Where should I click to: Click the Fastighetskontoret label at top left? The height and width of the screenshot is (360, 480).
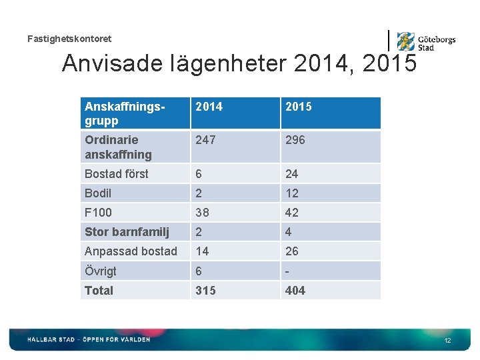click(69, 39)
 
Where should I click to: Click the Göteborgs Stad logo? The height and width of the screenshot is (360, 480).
click(425, 42)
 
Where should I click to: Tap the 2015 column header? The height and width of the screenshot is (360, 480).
click(298, 107)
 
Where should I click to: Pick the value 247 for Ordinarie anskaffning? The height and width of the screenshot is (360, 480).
click(205, 140)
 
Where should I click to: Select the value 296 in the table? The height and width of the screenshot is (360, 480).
click(296, 140)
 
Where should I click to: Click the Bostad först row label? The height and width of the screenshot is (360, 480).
click(117, 174)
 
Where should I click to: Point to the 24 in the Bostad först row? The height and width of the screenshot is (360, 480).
click(292, 174)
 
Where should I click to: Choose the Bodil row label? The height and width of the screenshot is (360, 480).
click(98, 193)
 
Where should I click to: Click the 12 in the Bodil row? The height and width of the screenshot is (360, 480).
click(292, 193)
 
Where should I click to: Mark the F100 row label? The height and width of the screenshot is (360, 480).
click(98, 213)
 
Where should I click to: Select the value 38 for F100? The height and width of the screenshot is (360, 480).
click(202, 213)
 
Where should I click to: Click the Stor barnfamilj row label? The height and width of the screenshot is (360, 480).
click(127, 232)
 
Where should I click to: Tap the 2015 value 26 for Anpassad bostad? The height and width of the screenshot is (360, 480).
click(292, 251)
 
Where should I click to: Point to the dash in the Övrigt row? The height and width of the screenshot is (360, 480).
click(287, 271)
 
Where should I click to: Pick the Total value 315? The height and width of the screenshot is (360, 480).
click(205, 291)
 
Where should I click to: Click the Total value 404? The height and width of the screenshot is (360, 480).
click(295, 291)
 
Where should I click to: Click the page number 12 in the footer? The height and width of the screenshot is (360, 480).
click(448, 341)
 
